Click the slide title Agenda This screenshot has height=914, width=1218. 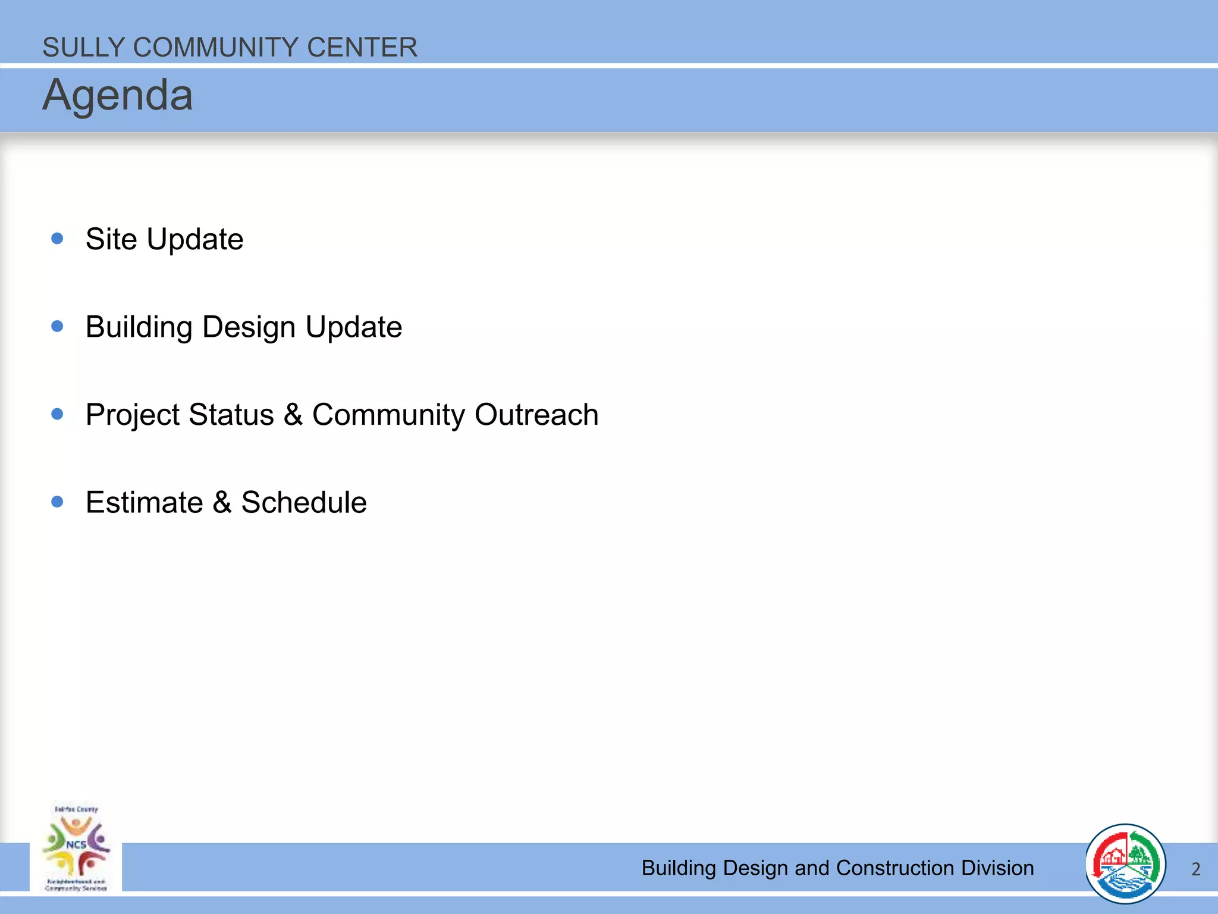(118, 96)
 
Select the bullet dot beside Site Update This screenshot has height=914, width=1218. (58, 239)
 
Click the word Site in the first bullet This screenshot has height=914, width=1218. (111, 239)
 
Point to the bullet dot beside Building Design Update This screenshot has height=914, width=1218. (58, 326)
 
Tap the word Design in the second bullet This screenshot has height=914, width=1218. (249, 327)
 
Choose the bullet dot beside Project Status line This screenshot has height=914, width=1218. (58, 414)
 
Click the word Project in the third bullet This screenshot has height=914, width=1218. (133, 415)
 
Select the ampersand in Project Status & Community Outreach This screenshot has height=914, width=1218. (293, 415)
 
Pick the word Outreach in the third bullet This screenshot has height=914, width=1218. (536, 415)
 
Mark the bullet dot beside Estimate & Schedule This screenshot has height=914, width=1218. (58, 502)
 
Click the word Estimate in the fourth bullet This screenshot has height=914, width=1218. (145, 502)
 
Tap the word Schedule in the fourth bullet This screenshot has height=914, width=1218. (304, 502)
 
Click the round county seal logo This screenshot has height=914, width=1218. (1125, 863)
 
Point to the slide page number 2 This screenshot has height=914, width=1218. (1195, 869)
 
